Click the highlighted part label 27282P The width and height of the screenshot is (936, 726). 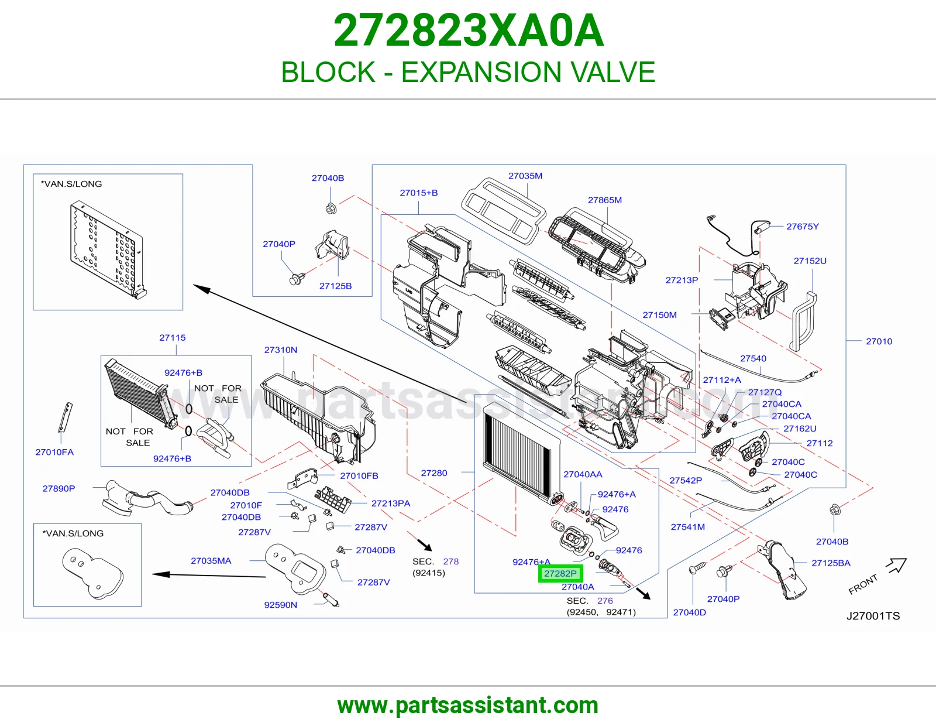(x=560, y=573)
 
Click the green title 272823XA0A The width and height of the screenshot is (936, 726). (x=469, y=30)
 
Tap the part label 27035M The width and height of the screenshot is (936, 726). (x=525, y=176)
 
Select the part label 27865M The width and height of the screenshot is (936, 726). (x=605, y=200)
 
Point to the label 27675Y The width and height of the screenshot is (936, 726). (x=803, y=227)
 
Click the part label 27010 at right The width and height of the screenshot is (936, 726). (x=879, y=341)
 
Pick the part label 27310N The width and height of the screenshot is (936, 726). (x=280, y=350)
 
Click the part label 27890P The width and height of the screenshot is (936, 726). (x=58, y=488)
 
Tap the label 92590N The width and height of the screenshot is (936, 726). (x=280, y=605)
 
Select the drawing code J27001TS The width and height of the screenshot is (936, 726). (x=873, y=615)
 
